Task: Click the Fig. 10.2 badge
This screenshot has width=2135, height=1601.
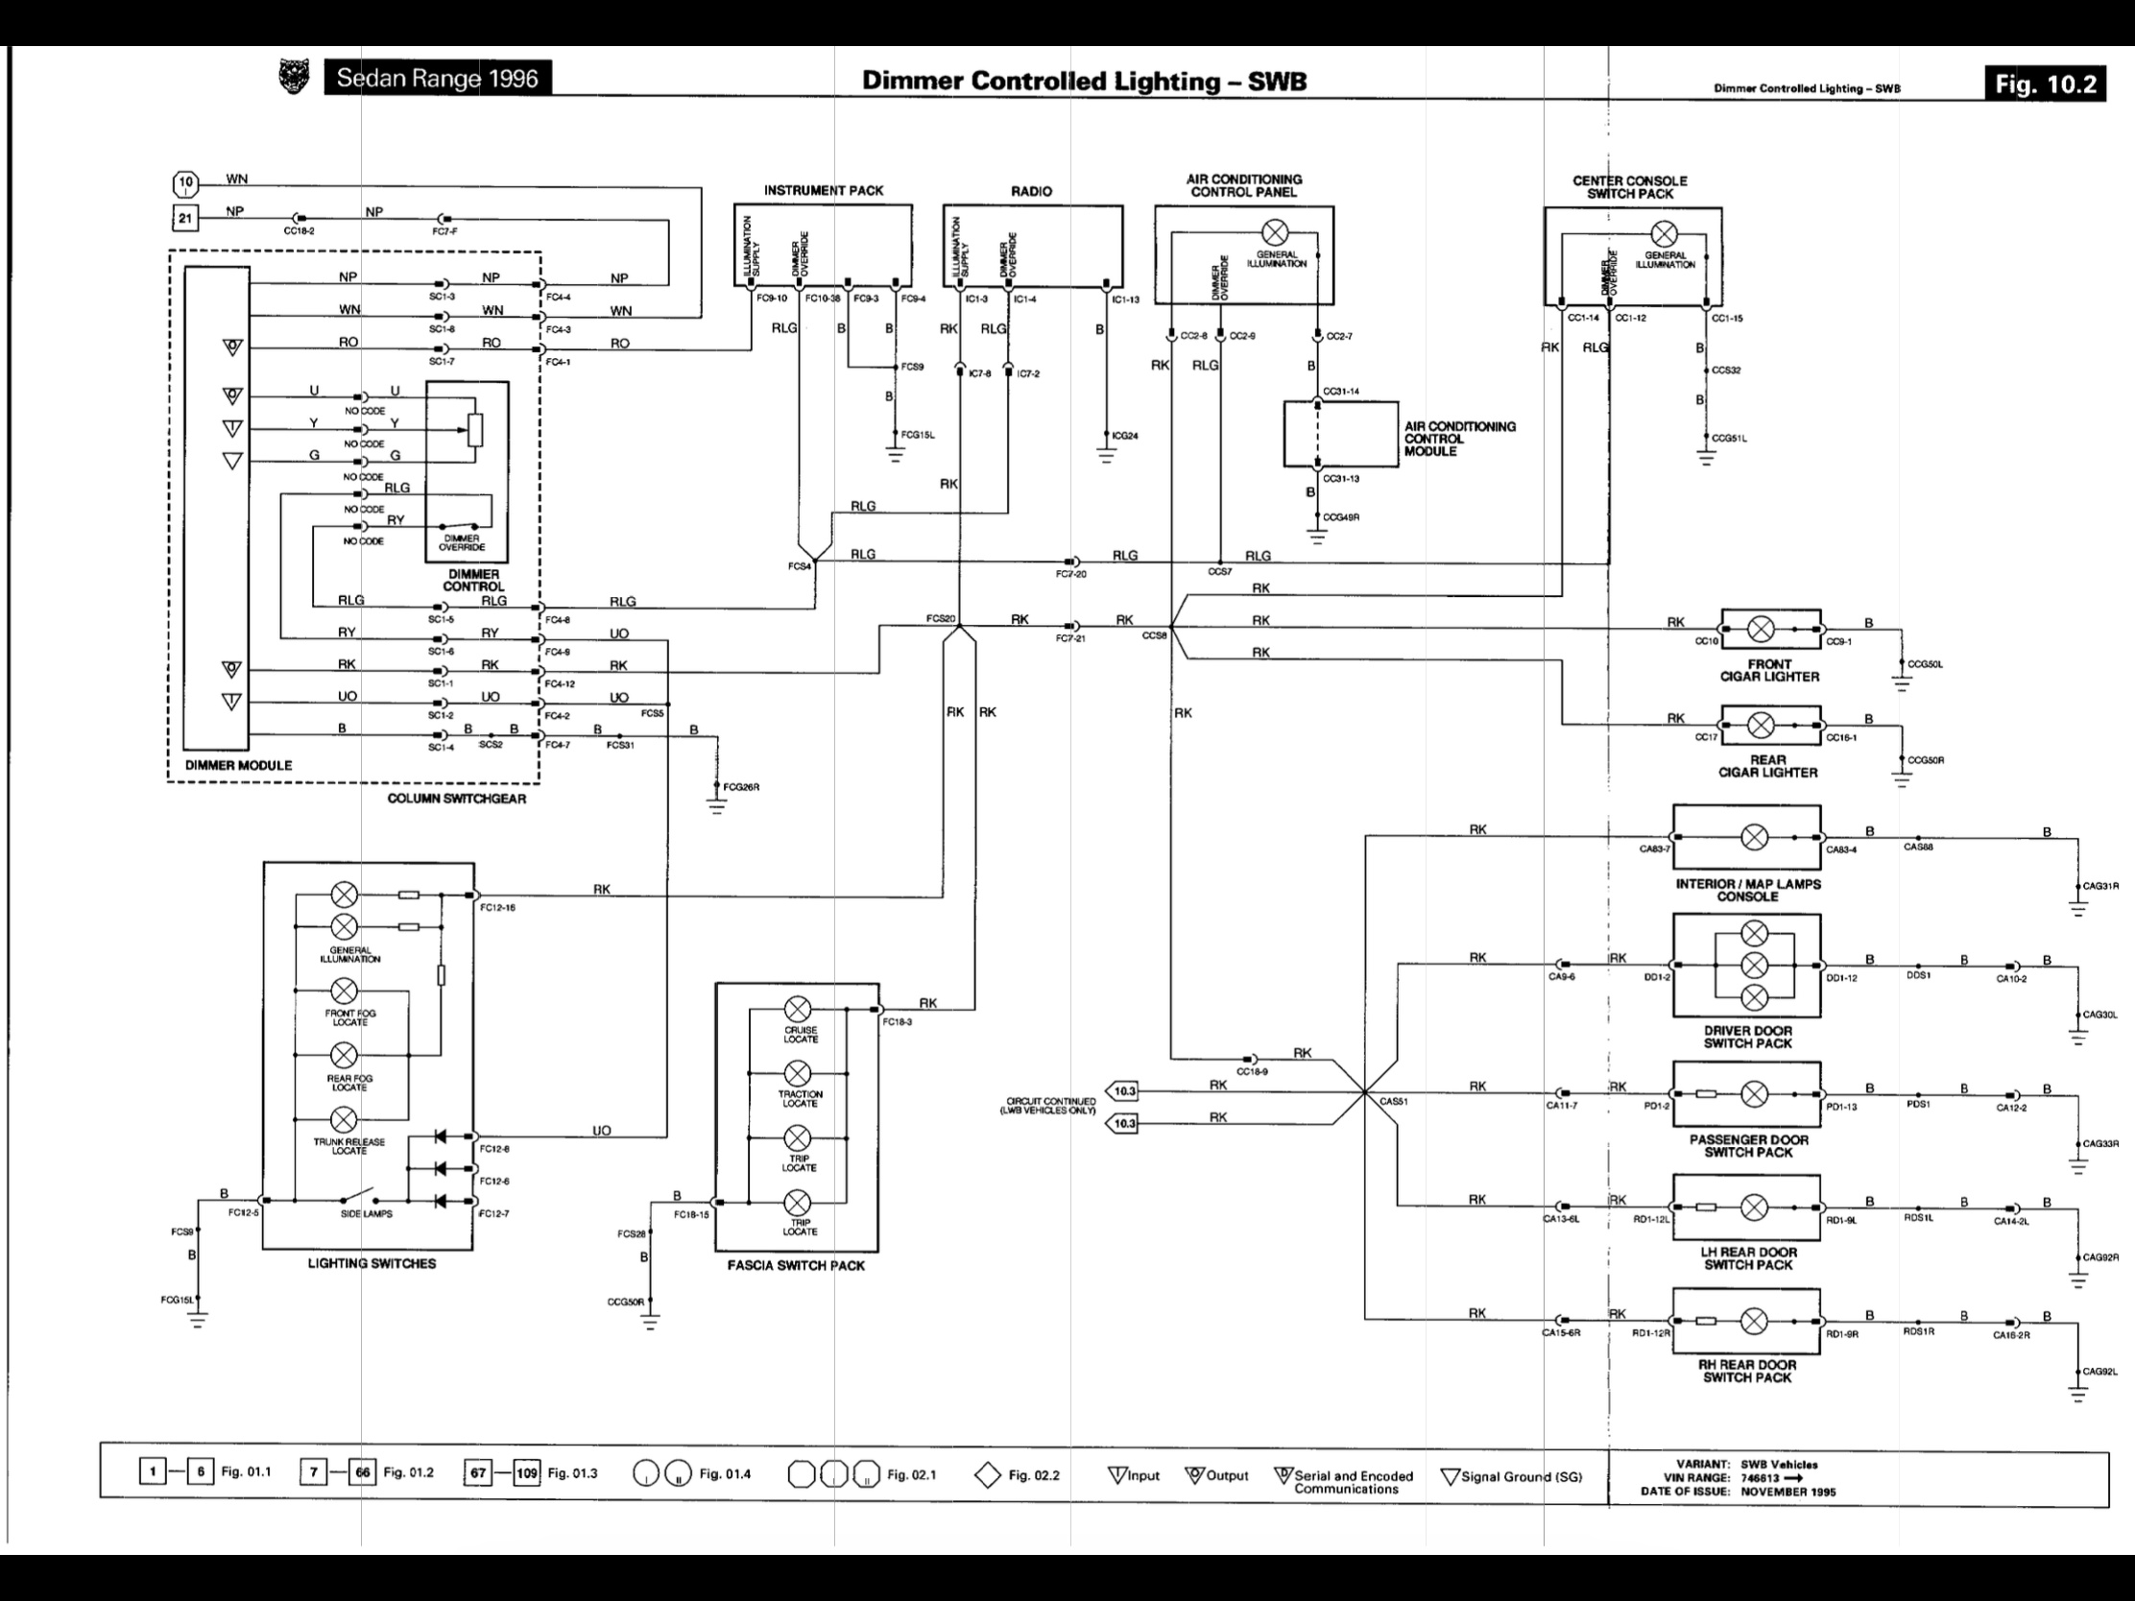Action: (x=2044, y=84)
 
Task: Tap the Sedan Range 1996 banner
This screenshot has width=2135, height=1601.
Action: (x=437, y=78)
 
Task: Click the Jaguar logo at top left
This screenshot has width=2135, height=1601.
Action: (x=294, y=77)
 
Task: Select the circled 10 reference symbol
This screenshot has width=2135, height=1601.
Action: (x=185, y=182)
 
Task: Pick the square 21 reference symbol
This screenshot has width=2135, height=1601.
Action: (x=184, y=218)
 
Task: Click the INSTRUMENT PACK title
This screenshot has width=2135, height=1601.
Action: (x=824, y=190)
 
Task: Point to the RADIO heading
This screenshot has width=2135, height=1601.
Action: (x=1031, y=191)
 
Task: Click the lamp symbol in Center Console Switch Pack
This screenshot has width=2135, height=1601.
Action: (x=1663, y=233)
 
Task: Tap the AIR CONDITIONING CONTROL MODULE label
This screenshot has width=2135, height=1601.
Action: (x=1459, y=438)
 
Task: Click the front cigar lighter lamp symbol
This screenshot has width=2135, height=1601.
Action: (x=1761, y=630)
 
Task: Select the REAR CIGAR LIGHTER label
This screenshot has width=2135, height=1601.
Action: (x=1767, y=766)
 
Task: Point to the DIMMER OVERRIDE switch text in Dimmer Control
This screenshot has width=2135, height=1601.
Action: (x=462, y=542)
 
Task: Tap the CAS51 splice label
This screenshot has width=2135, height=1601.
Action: (x=1393, y=1101)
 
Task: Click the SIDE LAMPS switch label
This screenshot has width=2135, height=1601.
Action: (x=366, y=1213)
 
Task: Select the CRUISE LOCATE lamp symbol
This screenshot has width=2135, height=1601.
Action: (x=797, y=1010)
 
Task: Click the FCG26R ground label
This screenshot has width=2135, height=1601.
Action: (x=741, y=786)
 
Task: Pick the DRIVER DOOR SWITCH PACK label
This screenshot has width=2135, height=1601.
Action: (x=1747, y=1037)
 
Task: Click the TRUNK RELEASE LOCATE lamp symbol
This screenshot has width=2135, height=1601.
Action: (x=344, y=1119)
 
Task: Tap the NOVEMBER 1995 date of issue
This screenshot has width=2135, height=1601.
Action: (x=1787, y=1491)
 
